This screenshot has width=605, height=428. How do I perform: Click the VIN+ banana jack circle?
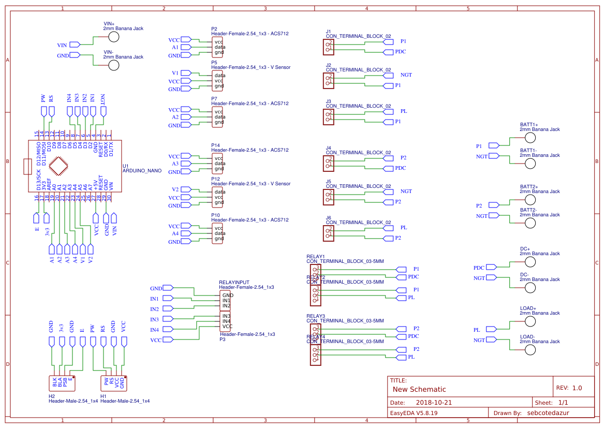[113, 37]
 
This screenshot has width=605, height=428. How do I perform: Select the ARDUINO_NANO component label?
[142, 170]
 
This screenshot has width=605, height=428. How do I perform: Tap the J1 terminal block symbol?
[329, 47]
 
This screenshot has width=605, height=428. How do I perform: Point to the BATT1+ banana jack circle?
[530, 138]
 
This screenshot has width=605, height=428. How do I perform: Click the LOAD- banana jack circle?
[530, 350]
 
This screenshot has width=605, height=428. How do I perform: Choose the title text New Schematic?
[419, 389]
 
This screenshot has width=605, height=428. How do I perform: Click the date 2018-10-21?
[434, 403]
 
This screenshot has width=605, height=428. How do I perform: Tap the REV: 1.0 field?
[569, 388]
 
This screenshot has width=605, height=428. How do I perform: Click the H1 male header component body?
[114, 383]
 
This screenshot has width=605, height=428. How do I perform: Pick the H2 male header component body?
[62, 383]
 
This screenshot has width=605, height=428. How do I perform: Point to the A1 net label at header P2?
[175, 48]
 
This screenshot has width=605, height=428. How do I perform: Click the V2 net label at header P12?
[175, 190]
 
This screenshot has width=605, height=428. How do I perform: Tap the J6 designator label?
[328, 218]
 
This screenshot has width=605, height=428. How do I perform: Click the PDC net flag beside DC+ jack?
[479, 268]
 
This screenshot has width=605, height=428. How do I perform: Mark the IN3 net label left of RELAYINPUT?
[154, 319]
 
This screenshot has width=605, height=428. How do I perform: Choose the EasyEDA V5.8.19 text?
[414, 413]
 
